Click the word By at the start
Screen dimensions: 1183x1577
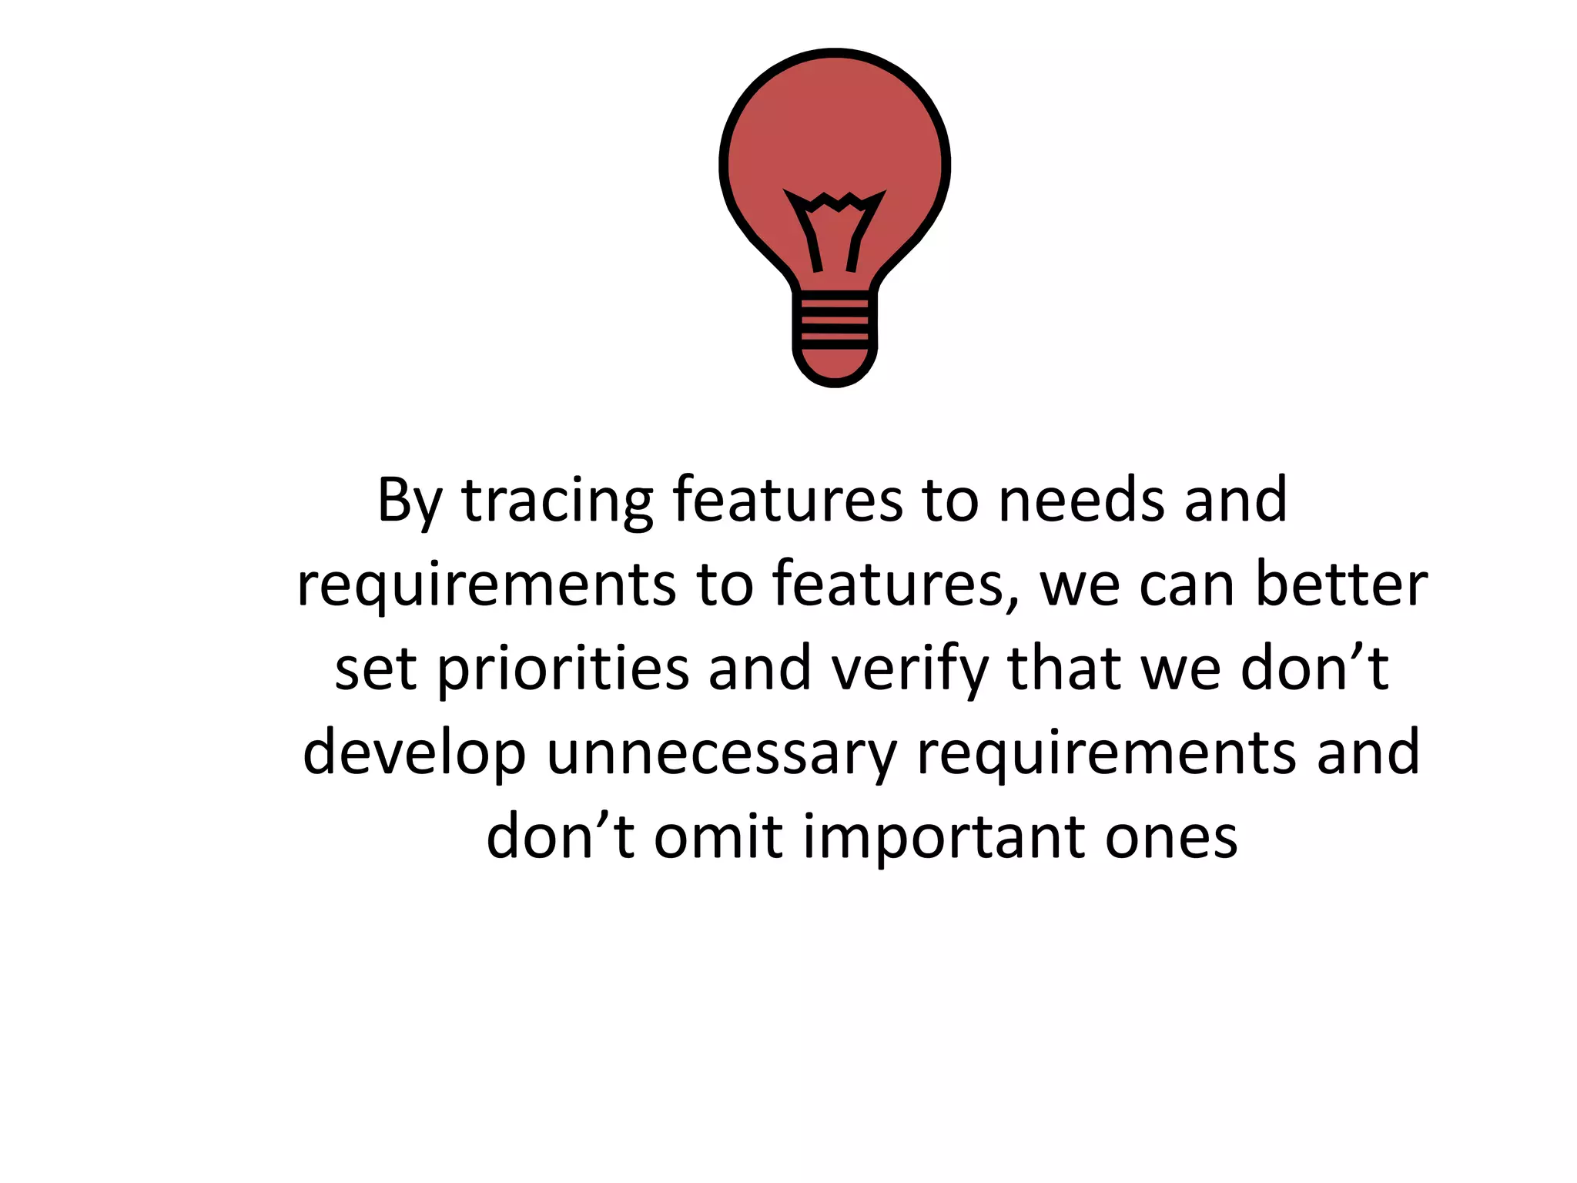(409, 501)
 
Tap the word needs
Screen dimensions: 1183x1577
(1081, 501)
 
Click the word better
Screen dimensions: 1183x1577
(1341, 584)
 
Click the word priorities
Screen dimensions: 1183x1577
(563, 669)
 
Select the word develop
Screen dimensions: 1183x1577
(414, 753)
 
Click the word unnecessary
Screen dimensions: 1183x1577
(722, 753)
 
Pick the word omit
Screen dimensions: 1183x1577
(718, 836)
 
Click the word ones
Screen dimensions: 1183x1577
(1171, 838)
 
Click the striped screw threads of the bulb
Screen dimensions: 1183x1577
(835, 317)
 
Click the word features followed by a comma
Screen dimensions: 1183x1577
(896, 584)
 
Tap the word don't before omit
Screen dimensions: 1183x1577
(560, 836)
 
